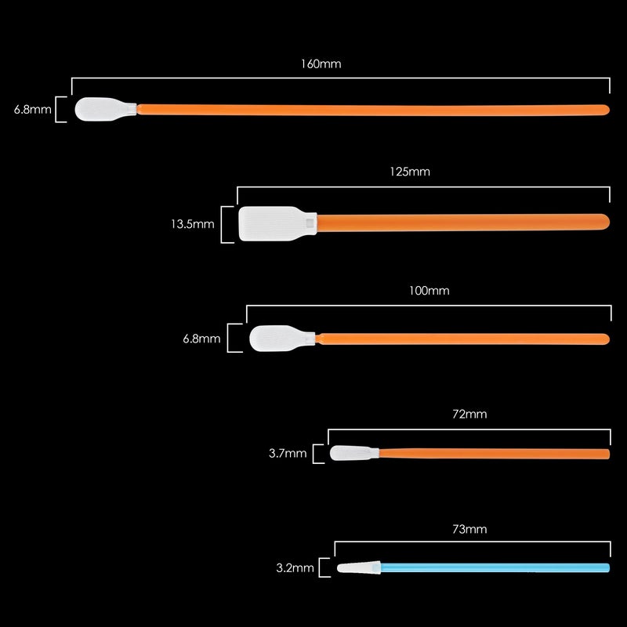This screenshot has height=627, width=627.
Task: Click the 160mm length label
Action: (321, 64)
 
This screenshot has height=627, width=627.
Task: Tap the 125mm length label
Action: (410, 172)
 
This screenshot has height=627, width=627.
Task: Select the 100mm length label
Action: (429, 291)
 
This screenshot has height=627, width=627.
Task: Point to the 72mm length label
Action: (469, 415)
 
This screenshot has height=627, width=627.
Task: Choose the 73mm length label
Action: (469, 530)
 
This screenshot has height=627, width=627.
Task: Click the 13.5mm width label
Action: (192, 224)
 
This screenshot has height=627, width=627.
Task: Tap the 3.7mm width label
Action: (288, 454)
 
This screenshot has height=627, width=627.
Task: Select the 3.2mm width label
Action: (295, 568)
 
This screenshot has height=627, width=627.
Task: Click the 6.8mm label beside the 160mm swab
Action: (32, 110)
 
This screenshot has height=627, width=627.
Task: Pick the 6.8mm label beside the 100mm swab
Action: (201, 339)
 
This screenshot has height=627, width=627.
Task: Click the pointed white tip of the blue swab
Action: (359, 567)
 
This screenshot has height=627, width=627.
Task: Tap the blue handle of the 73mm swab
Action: (495, 567)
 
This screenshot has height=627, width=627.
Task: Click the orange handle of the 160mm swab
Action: (373, 110)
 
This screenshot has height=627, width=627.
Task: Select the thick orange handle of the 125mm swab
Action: (463, 223)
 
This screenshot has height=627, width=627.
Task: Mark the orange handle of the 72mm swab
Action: (495, 454)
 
